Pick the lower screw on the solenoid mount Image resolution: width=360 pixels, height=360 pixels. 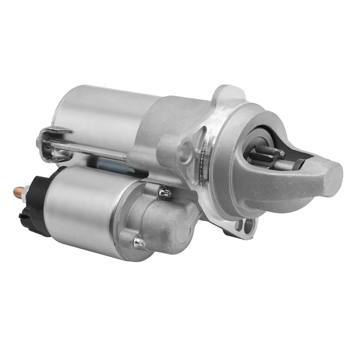(x=138, y=243)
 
